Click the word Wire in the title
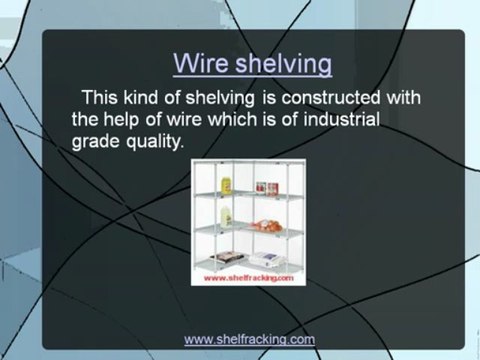(x=200, y=64)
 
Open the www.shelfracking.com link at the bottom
(x=250, y=339)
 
